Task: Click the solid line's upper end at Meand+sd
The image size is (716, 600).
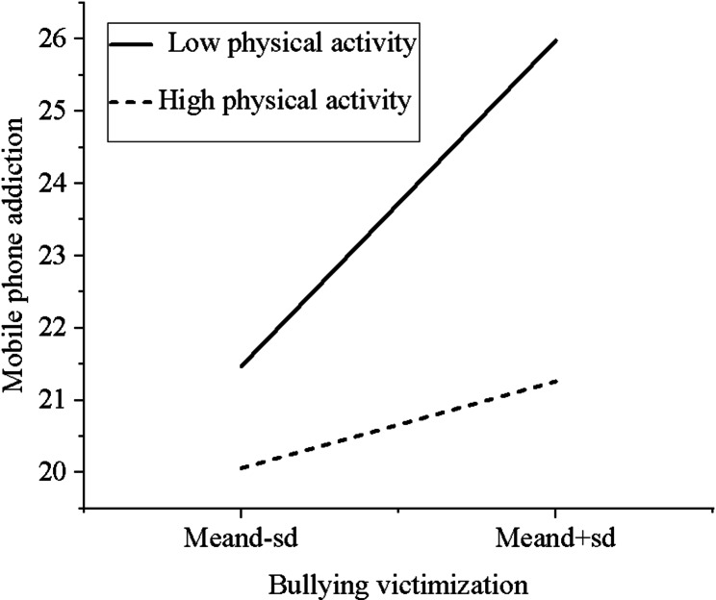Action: tap(555, 39)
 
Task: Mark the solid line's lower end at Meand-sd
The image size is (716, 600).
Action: tap(241, 366)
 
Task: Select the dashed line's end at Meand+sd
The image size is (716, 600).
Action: tap(555, 381)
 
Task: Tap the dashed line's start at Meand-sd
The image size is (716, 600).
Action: tap(241, 468)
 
